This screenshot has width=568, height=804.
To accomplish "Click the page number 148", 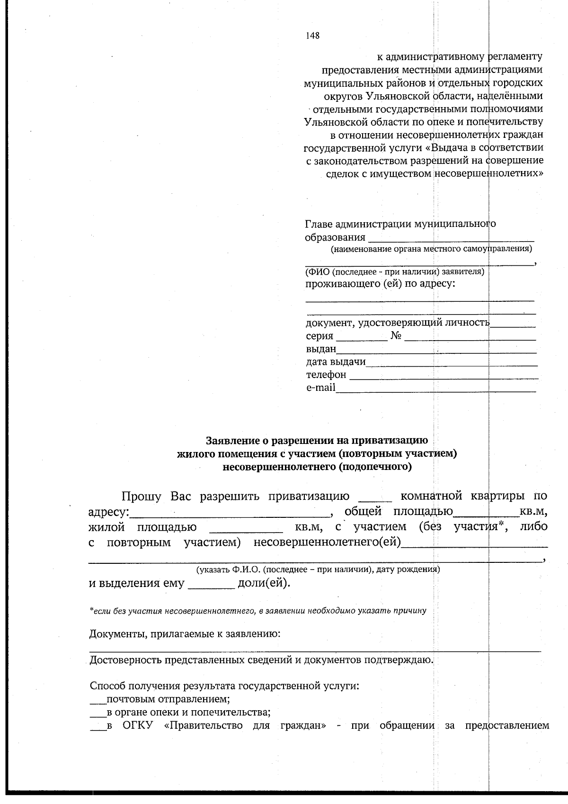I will pos(312,36).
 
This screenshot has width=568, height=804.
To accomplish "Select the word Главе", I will pos(319,224).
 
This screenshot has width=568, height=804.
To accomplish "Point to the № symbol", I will pos(396,336).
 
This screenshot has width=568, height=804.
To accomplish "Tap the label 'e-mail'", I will pos(320,388).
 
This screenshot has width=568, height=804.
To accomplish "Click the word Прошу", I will pos(142,496).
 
